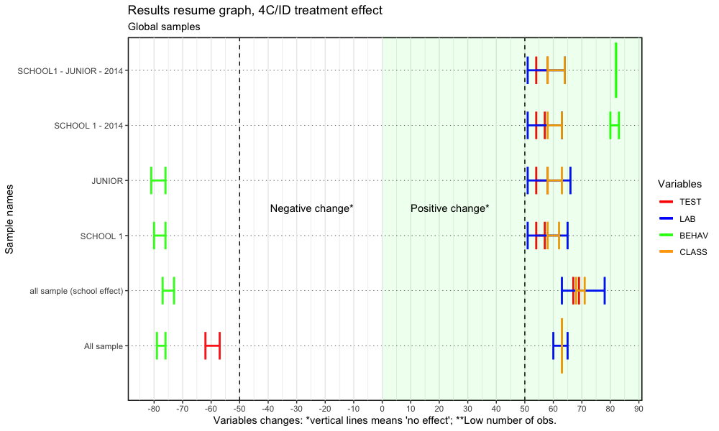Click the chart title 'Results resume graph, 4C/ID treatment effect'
click(x=255, y=11)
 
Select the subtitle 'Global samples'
click(x=164, y=27)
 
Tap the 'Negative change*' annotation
click(x=312, y=208)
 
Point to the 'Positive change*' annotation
click(x=449, y=208)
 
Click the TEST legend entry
click(x=690, y=202)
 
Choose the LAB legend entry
click(x=688, y=218)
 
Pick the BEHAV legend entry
click(x=693, y=235)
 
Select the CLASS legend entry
click(x=693, y=251)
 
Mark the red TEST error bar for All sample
click(x=212, y=346)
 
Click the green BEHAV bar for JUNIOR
click(x=158, y=180)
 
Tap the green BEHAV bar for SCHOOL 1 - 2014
click(x=614, y=125)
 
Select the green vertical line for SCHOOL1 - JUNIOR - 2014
click(x=616, y=70)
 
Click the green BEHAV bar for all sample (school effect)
click(x=168, y=290)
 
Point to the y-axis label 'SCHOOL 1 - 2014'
click(x=91, y=126)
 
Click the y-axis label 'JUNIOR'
click(x=109, y=181)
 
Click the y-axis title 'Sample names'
click(x=10, y=217)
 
